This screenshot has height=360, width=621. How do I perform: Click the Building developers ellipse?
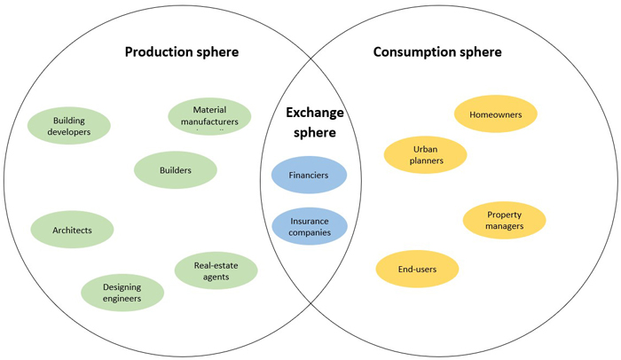pos(69,126)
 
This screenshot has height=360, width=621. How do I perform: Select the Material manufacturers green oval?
pos(209,116)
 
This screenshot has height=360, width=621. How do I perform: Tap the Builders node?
pos(176,170)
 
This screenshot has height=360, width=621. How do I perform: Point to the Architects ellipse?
pos(73,230)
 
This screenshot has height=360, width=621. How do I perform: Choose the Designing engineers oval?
pos(122,293)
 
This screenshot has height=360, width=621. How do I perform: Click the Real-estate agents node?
pos(216,270)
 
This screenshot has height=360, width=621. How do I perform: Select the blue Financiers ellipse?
pos(309,176)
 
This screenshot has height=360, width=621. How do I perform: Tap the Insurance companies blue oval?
pos(309,226)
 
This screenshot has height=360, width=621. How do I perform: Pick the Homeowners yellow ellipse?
pos(495,114)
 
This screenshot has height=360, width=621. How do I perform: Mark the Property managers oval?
pos(504,220)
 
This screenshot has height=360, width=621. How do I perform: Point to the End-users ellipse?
pos(417,269)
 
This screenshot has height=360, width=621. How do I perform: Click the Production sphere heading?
pos(182,51)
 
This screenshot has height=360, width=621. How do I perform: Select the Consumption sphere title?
pos(437,51)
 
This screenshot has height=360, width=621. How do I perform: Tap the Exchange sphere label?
pos(310,123)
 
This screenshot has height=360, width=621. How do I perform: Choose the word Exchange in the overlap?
pos(310,114)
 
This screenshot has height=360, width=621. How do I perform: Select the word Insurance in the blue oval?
pos(309,220)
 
